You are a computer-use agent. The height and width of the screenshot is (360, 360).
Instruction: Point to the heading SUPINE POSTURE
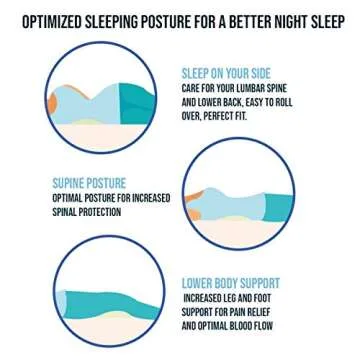tap(89, 184)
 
